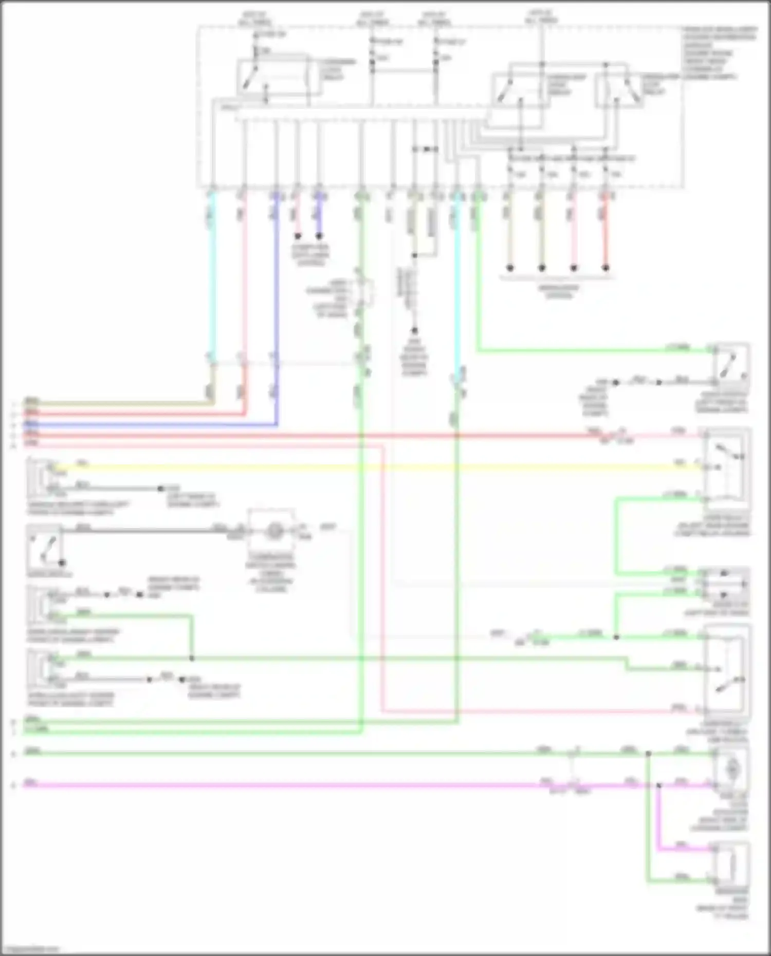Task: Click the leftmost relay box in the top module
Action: pos(272,77)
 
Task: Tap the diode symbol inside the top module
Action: pos(425,149)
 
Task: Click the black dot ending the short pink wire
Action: pos(297,236)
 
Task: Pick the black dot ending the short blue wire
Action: pos(319,236)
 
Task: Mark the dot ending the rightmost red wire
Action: pos(605,268)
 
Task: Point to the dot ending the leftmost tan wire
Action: pos(510,268)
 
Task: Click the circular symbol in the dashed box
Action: pos(272,531)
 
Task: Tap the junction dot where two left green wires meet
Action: pos(192,658)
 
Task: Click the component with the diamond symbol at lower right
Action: pos(730,769)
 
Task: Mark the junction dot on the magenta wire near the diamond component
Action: pos(659,785)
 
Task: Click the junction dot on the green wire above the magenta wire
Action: pos(648,754)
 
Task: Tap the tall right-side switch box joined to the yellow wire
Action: pos(725,468)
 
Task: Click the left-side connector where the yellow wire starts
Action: pos(44,475)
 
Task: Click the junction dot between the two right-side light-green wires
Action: pos(616,637)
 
